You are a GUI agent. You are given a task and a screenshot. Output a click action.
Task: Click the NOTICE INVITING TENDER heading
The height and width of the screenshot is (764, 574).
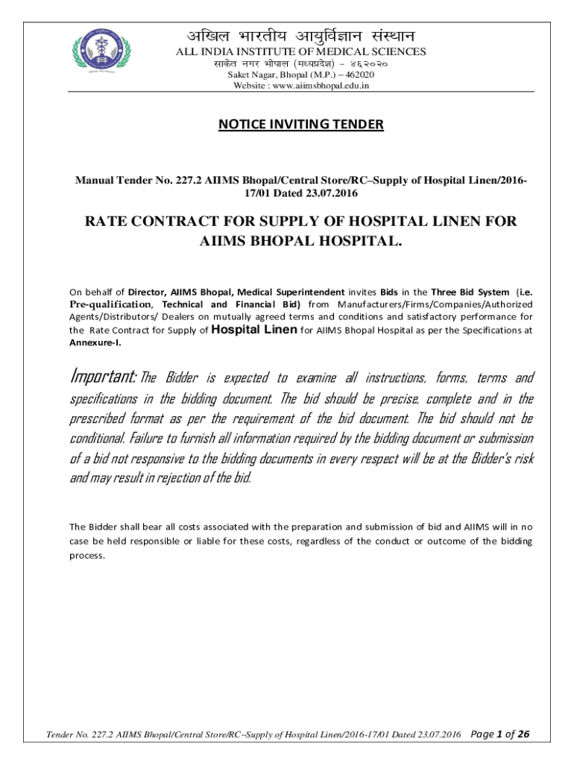click(x=300, y=124)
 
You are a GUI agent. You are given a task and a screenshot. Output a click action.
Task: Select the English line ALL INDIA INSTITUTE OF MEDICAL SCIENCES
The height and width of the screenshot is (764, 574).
click(x=300, y=51)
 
